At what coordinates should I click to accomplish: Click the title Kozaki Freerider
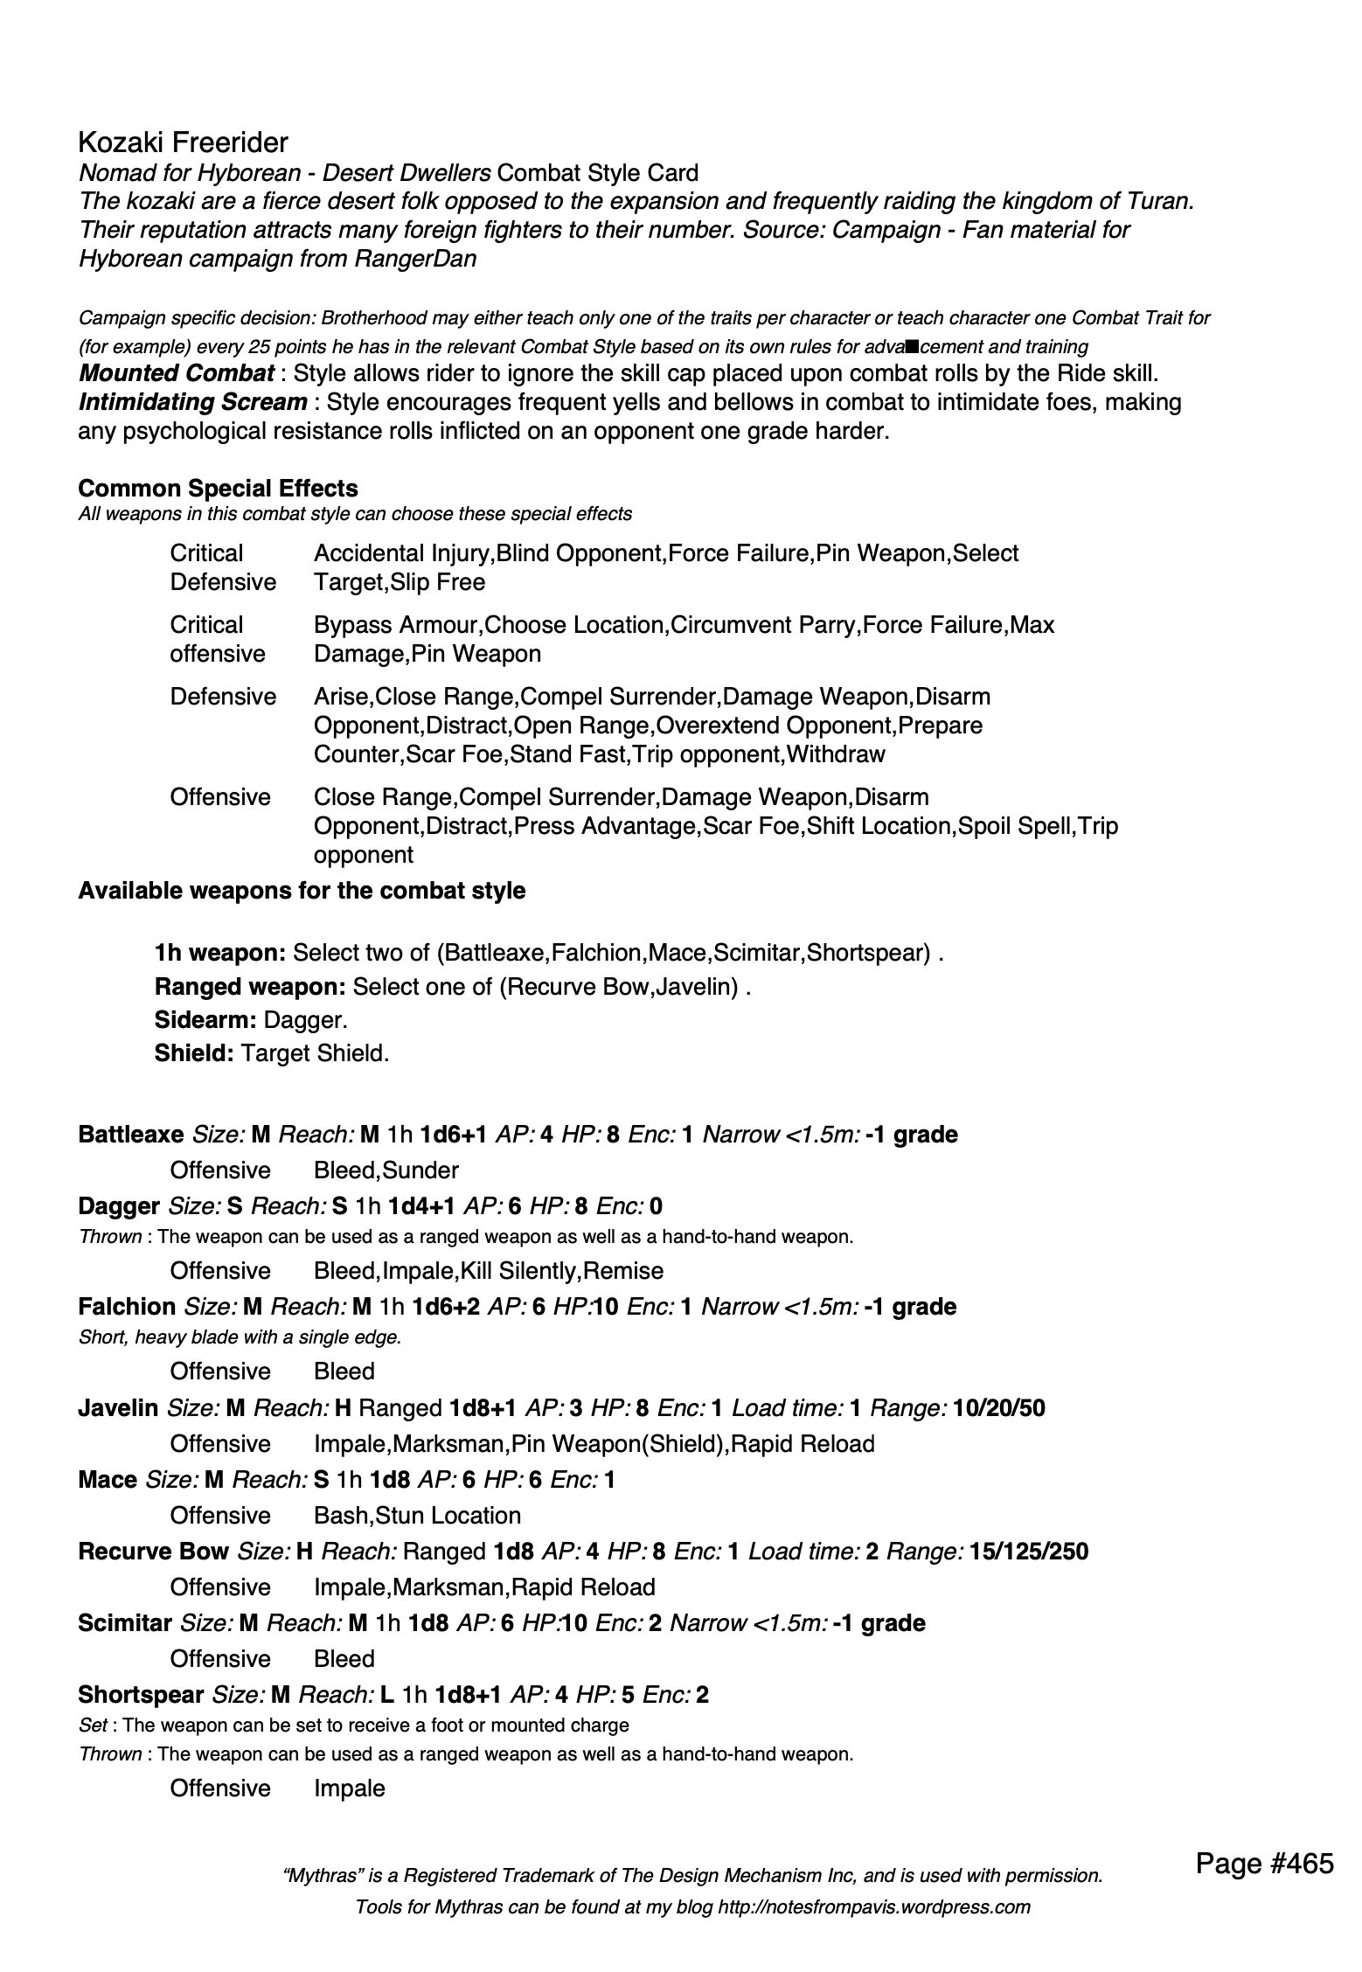[183, 142]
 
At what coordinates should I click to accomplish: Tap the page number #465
[1264, 1864]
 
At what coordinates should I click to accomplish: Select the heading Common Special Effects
[218, 488]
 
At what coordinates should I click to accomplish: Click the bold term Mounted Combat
[177, 373]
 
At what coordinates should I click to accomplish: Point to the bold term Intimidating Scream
[192, 402]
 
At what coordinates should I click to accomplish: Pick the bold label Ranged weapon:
[251, 986]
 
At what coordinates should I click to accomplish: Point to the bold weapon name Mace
[108, 1479]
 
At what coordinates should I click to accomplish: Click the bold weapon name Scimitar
[125, 1622]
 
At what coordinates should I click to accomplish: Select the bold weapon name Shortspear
[141, 1694]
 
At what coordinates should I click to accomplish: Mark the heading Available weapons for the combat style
[302, 891]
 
